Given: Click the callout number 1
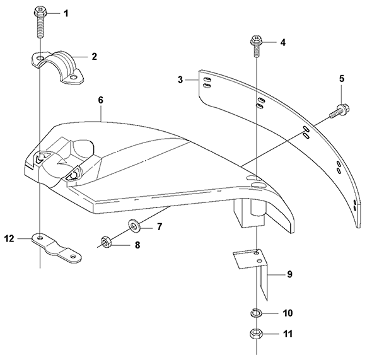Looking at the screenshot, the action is tap(66, 13).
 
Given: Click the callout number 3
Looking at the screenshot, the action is tap(180, 79).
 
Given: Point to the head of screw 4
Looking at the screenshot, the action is tap(256, 41).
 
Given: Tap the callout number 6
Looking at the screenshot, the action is tap(101, 100).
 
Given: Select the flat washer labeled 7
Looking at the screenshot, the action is tap(134, 225).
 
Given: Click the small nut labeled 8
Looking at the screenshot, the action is tap(105, 241).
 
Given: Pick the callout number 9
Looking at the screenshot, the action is tap(289, 274).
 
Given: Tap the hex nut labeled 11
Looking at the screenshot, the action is tap(256, 334).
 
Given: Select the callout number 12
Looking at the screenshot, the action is tap(9, 238).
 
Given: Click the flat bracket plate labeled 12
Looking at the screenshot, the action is tap(57, 249).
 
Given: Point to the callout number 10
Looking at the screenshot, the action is tap(288, 313).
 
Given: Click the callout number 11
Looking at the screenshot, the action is tap(288, 334).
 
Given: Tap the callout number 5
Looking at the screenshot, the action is tap(342, 79).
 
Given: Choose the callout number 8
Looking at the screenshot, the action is tap(137, 245).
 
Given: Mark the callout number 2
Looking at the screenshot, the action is tap(94, 57).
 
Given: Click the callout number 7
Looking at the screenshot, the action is tap(160, 227).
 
